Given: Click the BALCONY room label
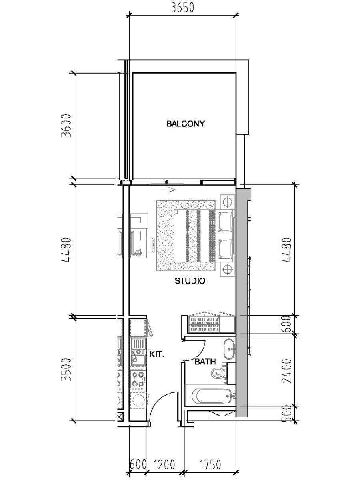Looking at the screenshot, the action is pyautogui.click(x=185, y=124).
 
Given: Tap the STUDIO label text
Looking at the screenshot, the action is pyautogui.click(x=190, y=281).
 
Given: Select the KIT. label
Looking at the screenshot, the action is pyautogui.click(x=156, y=354).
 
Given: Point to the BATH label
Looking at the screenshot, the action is pyautogui.click(x=205, y=362).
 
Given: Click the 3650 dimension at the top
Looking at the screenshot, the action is pyautogui.click(x=182, y=8).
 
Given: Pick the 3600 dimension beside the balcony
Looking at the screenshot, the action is pyautogui.click(x=66, y=126).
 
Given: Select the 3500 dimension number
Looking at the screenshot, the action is pyautogui.click(x=66, y=370).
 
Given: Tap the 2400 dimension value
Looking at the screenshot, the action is pyautogui.click(x=286, y=371).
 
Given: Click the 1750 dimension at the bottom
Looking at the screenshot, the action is pyautogui.click(x=210, y=464).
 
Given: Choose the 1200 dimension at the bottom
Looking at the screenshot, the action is pyautogui.click(x=164, y=464).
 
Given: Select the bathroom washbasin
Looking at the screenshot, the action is pyautogui.click(x=229, y=349).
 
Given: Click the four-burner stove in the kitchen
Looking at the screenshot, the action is pyautogui.click(x=138, y=378).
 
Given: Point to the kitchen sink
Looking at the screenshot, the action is pyautogui.click(x=138, y=352).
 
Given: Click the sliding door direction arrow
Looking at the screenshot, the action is pyautogui.click(x=168, y=190).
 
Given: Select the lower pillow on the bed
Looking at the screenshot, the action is pyautogui.click(x=225, y=248).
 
